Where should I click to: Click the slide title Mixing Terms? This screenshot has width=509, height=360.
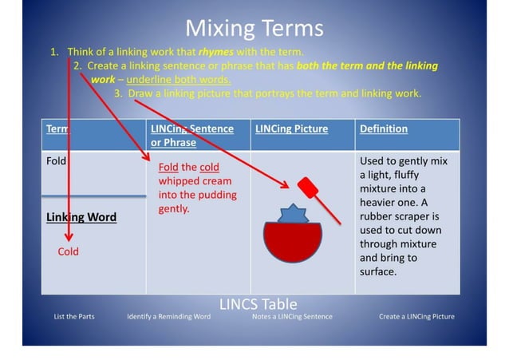coord(254,29)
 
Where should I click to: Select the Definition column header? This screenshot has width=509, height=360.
coord(383,129)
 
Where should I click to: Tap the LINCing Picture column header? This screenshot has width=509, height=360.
coord(291,129)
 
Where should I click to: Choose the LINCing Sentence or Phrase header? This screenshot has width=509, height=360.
coord(191,135)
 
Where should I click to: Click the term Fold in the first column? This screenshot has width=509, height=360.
coord(57,160)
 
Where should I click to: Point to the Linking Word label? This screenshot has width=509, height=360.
coord(81,217)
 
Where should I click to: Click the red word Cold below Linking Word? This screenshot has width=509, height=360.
coord(69,252)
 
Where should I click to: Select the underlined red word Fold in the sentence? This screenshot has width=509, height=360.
coord(168,168)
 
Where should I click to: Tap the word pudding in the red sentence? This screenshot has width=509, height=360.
coord(216,195)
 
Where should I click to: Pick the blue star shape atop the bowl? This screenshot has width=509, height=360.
coord(292,215)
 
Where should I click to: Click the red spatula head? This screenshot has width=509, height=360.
coord(308,189)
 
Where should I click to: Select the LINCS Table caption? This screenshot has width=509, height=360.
coord(258,304)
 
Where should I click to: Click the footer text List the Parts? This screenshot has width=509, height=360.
coord(74,317)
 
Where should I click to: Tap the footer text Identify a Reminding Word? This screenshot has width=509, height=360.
coord(168,317)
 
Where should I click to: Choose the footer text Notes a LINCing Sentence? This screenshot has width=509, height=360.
coord(291,317)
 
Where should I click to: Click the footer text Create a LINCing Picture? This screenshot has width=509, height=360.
coord(416,317)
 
